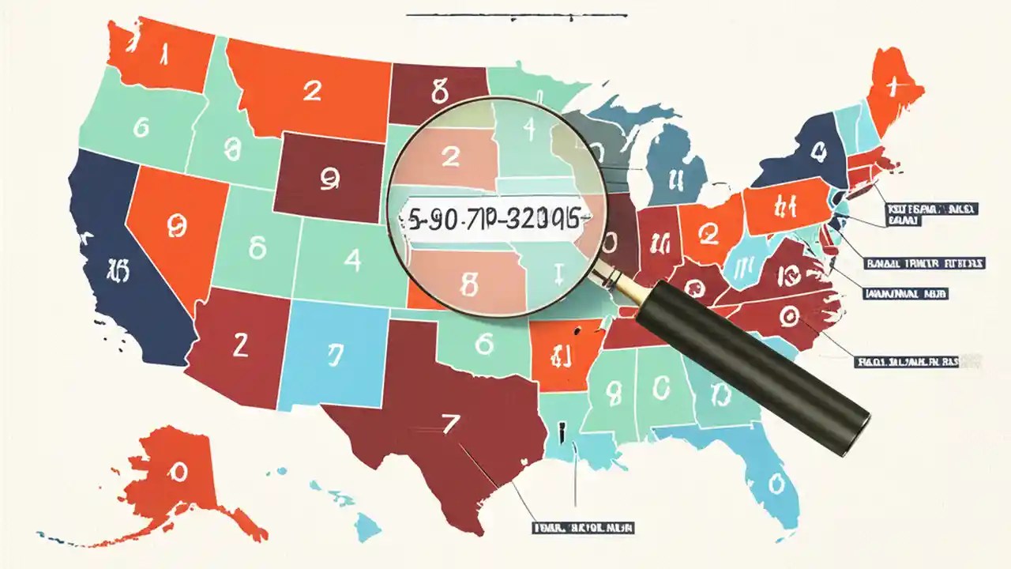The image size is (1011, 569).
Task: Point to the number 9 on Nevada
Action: tap(177, 226)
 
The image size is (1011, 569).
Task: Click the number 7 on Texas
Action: tap(450, 425)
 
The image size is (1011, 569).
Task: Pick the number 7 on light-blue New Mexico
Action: tap(335, 356)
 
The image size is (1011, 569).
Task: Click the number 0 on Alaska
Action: tap(179, 473)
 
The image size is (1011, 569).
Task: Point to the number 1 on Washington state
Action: tap(164, 55)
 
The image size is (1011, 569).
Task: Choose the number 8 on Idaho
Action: tap(231, 148)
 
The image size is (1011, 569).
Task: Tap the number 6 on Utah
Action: tap(257, 248)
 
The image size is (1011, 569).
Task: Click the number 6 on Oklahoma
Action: tap(484, 345)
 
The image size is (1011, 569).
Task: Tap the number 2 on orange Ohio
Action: tap(708, 233)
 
